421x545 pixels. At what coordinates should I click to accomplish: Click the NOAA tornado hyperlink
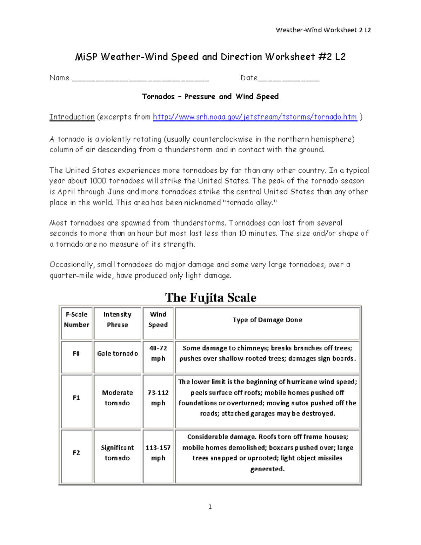255,117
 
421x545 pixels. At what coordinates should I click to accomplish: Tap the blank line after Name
140,79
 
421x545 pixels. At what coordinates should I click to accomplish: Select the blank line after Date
288,79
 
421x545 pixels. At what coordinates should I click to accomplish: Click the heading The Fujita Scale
210,298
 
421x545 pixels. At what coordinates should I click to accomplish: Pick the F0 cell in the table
76,354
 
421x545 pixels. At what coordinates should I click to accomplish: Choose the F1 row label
76,398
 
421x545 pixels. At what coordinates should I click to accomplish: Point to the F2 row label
76,453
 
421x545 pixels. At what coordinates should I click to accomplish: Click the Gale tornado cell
118,354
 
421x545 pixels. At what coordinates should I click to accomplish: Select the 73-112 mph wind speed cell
158,398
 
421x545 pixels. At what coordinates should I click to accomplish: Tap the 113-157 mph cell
158,453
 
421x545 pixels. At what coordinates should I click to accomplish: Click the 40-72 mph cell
158,353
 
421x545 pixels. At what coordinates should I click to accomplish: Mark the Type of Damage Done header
267,320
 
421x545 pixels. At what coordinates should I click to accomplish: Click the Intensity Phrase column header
118,320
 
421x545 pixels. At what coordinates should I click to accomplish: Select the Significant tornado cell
118,453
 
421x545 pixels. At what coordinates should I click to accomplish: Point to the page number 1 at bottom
210,506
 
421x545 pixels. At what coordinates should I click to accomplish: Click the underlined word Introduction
72,117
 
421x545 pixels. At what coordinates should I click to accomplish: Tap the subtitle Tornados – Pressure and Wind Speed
210,97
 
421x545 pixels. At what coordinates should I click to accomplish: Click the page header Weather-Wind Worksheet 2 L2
323,30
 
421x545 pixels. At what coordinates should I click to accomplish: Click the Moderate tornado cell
118,398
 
